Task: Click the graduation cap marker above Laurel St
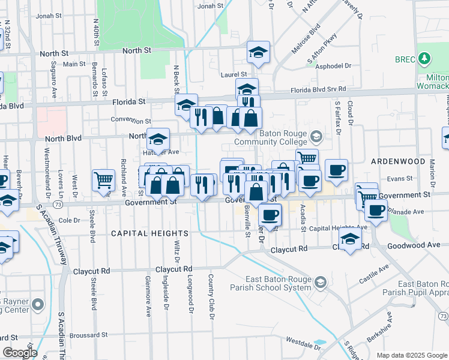(x=258, y=53)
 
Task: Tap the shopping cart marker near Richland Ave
(x=103, y=179)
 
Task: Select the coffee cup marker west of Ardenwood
(x=336, y=170)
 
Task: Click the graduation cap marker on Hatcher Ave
(x=158, y=139)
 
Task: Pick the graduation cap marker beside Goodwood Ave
(x=351, y=239)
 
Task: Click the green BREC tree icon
(x=425, y=58)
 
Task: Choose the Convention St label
(x=130, y=119)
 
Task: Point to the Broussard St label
(x=87, y=335)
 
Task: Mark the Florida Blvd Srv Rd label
(x=319, y=89)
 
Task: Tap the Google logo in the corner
(x=19, y=353)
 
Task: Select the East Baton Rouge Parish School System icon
(x=321, y=282)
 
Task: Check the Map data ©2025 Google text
(x=411, y=355)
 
